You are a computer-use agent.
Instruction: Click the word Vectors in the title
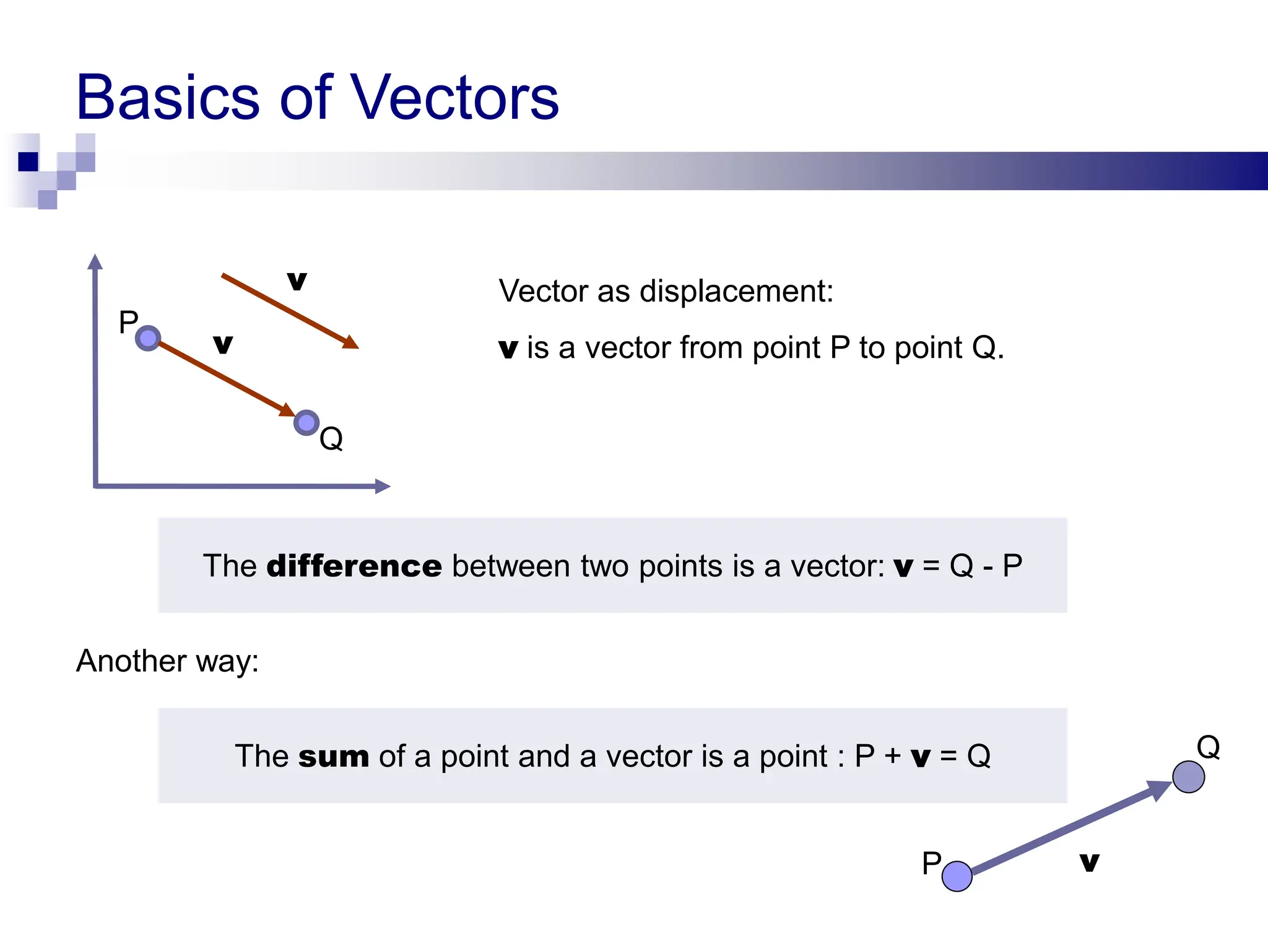(456, 98)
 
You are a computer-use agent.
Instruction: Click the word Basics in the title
(167, 98)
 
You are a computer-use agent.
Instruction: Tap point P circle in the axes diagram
(148, 338)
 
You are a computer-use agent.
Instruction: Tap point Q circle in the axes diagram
(306, 423)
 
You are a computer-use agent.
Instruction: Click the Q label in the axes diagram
(331, 439)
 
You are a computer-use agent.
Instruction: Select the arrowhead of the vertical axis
(95, 262)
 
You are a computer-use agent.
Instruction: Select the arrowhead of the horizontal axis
(382, 487)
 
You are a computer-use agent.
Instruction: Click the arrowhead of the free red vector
(351, 342)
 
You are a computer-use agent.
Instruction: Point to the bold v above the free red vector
(297, 281)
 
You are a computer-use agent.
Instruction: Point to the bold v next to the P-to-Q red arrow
(223, 344)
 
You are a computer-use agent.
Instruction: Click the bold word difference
(354, 566)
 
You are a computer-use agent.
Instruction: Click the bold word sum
(333, 757)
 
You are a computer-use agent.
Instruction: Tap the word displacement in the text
(736, 291)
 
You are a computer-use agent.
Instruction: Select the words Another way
(167, 661)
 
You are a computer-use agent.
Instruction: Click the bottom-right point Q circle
(1188, 777)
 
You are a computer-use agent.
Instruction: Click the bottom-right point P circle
(957, 876)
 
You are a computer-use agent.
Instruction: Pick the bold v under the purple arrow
(1089, 862)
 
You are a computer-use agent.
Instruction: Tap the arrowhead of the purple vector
(1158, 789)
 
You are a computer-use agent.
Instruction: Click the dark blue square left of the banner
(28, 162)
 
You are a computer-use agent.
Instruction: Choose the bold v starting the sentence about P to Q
(508, 349)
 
